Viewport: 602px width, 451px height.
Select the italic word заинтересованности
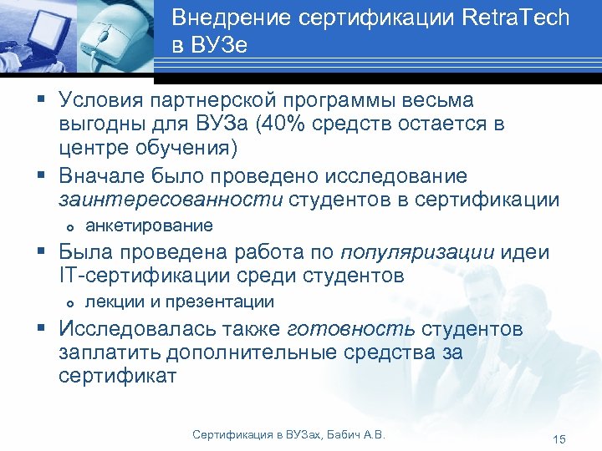(171, 200)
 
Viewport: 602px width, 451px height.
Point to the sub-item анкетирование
(149, 225)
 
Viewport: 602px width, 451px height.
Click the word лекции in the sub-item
(111, 302)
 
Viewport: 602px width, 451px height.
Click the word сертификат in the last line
(118, 377)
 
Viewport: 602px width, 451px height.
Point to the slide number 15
(559, 439)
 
